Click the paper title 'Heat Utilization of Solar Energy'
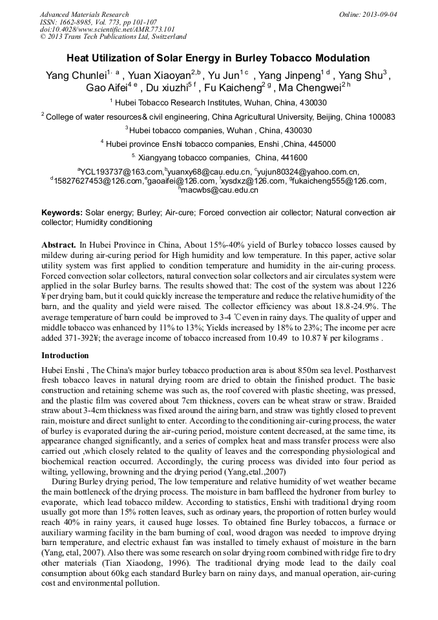click(x=218, y=58)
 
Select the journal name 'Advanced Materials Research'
click(x=84, y=14)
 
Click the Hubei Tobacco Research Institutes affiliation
click(x=220, y=102)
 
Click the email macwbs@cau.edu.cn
click(x=220, y=190)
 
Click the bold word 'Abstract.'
click(x=59, y=245)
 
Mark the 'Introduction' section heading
click(x=65, y=356)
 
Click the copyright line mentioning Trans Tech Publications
click(x=113, y=37)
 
